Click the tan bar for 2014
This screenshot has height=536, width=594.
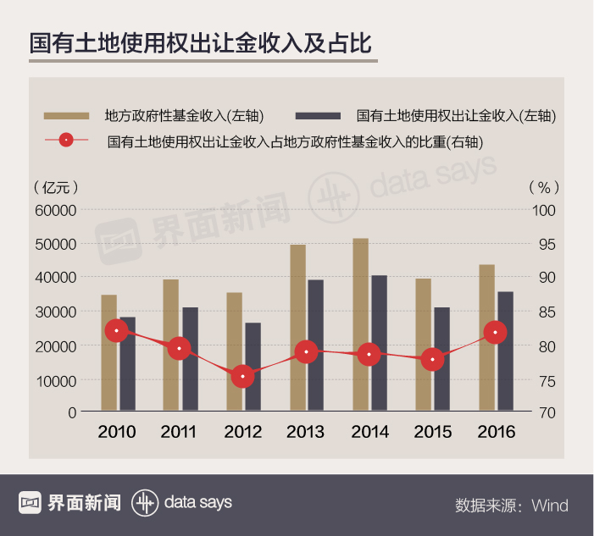point(361,325)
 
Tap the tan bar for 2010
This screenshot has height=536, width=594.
point(108,353)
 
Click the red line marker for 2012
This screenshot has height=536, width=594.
point(243,375)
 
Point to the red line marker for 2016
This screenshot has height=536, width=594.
point(496,333)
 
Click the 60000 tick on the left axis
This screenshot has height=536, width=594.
point(54,210)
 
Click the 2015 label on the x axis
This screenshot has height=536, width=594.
point(433,432)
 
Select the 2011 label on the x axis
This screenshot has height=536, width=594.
point(179,432)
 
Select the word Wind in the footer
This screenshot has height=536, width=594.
point(550,506)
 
